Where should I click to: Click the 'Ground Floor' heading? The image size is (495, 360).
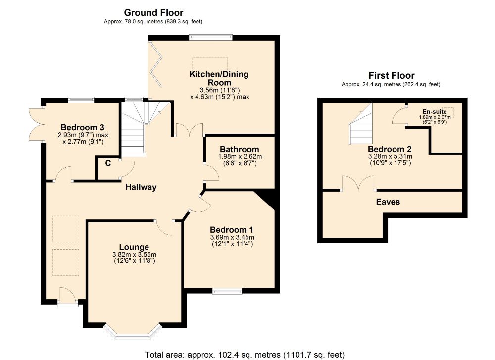[x=153, y=13]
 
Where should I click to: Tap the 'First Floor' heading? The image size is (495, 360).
[x=391, y=76]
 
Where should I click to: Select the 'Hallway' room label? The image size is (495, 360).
[x=141, y=187]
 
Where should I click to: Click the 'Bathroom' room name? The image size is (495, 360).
[x=240, y=149]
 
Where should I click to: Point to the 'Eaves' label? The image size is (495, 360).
[x=388, y=202]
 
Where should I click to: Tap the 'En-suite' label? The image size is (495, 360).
[x=434, y=111]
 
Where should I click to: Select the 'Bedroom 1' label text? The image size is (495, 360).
[x=232, y=230]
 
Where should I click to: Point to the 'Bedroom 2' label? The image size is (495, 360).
[x=390, y=149]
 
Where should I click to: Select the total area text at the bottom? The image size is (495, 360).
[x=245, y=355]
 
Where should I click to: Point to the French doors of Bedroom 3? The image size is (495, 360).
[x=36, y=124]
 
